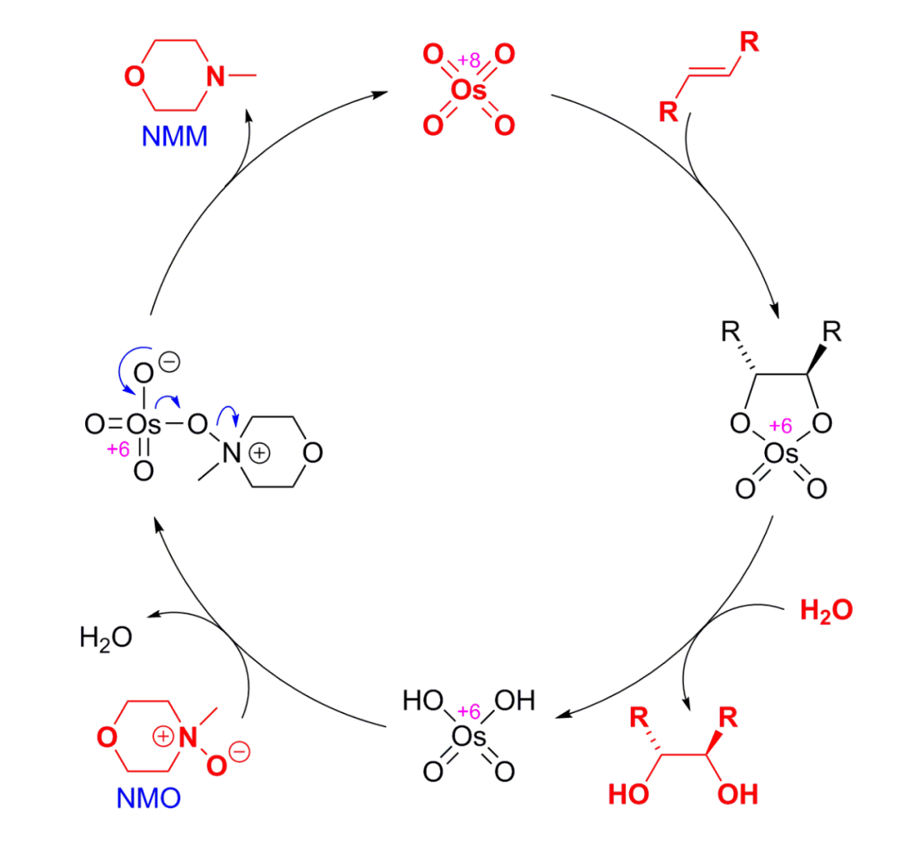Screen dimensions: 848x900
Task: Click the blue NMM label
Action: click(174, 135)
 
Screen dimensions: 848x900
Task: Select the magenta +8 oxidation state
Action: click(469, 60)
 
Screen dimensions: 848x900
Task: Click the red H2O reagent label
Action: click(826, 611)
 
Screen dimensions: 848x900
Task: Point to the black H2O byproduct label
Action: click(105, 638)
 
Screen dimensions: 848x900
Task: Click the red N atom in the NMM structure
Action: click(216, 77)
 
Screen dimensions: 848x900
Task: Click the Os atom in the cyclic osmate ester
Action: click(781, 454)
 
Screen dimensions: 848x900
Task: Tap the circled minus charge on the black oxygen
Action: click(168, 362)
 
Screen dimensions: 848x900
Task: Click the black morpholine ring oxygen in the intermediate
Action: click(313, 454)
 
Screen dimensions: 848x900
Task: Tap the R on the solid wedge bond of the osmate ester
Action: click(831, 334)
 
